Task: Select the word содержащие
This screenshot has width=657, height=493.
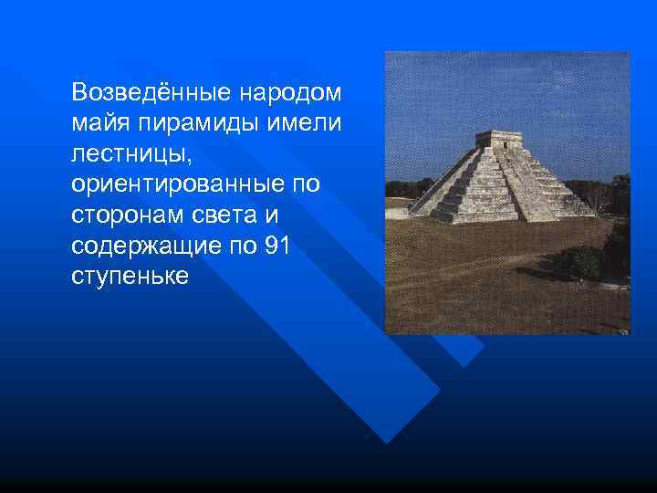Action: pyautogui.click(x=144, y=246)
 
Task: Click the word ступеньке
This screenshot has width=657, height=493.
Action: pyautogui.click(x=130, y=277)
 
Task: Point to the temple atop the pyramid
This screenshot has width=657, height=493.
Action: pyautogui.click(x=499, y=139)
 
